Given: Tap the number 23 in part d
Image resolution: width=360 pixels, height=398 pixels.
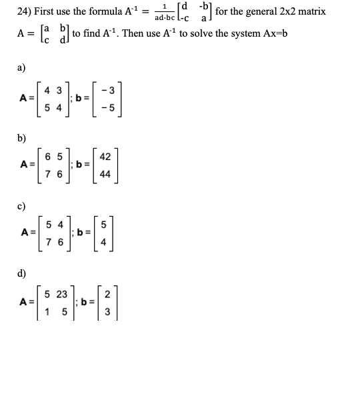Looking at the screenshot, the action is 61,294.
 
